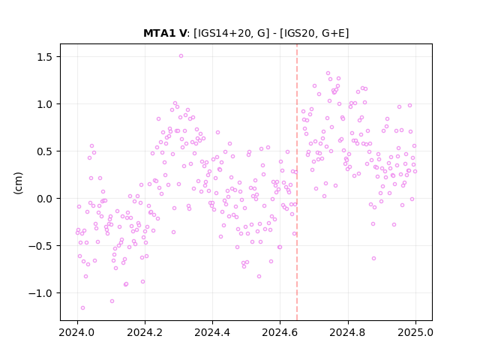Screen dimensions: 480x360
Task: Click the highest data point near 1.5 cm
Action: (181, 56)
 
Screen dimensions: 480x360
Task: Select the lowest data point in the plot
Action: (82, 307)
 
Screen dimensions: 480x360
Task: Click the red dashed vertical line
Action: (297, 182)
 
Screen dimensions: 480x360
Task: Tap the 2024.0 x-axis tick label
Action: (77, 332)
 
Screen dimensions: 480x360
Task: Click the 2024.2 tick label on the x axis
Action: (145, 332)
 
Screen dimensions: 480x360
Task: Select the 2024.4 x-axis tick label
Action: (212, 332)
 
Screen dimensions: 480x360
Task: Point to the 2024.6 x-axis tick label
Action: (280, 332)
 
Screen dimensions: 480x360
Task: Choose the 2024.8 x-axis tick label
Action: (348, 332)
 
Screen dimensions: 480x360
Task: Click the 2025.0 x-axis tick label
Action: (415, 332)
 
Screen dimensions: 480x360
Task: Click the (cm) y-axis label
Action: (18, 183)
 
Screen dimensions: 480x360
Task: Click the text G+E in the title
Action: (333, 33)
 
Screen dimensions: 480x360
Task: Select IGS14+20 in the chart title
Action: (225, 33)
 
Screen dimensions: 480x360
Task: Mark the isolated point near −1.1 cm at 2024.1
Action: (112, 301)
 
